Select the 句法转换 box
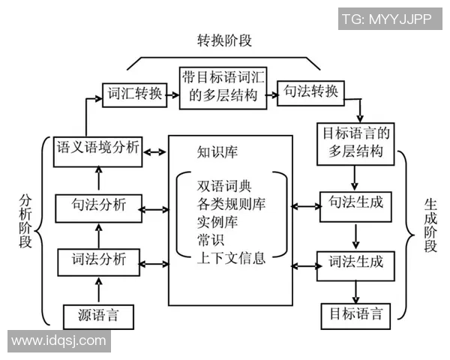[311, 93]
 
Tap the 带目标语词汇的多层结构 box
[223, 87]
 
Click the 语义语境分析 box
[97, 148]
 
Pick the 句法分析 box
[99, 205]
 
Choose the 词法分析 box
[99, 261]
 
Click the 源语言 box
[99, 315]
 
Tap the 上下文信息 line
[231, 259]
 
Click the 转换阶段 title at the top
[223, 40]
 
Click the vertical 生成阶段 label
[430, 225]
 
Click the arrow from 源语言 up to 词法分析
[99, 289]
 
